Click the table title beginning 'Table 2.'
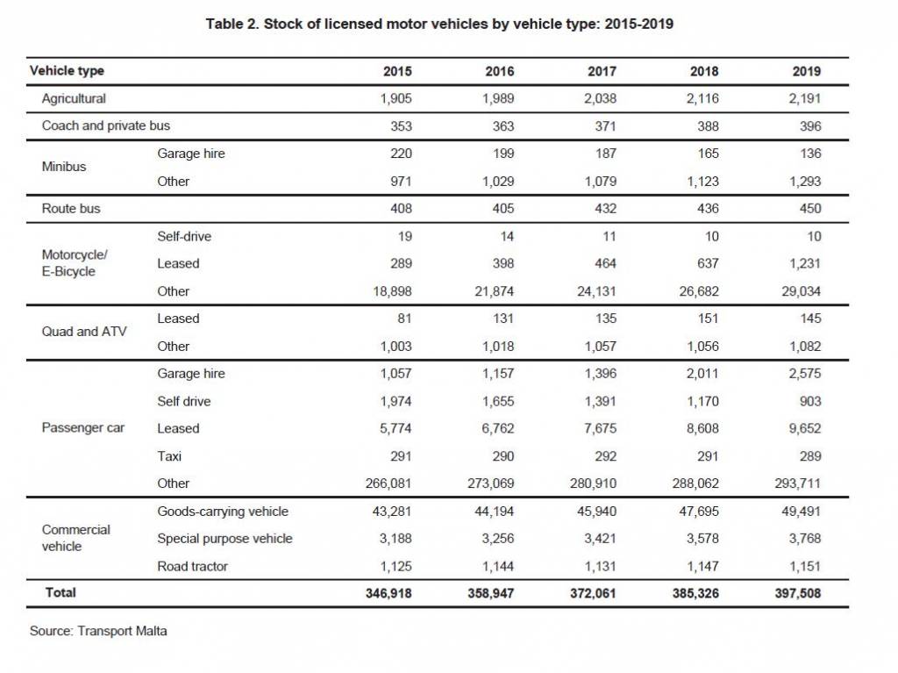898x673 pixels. [x=439, y=24]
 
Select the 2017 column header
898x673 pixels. [x=602, y=71]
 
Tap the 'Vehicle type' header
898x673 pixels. [x=67, y=71]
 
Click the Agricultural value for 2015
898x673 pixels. [x=396, y=98]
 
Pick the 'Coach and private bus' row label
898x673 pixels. [x=106, y=125]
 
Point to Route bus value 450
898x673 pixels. [x=810, y=209]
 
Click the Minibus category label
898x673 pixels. [x=64, y=167]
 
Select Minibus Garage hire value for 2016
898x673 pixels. [x=503, y=154]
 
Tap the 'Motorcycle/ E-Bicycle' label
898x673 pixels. [x=75, y=263]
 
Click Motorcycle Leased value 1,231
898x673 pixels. [x=805, y=264]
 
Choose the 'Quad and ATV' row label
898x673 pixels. [x=84, y=332]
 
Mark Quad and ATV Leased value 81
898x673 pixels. [x=404, y=319]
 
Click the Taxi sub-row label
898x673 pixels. [x=169, y=456]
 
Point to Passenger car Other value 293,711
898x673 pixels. [x=798, y=483]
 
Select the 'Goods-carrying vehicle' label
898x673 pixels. [x=223, y=512]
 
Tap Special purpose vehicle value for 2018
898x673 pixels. [x=702, y=539]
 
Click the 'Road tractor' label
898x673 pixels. [x=192, y=566]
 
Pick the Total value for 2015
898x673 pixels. [x=388, y=593]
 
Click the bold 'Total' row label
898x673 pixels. [x=61, y=593]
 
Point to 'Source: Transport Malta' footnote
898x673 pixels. [x=98, y=631]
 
